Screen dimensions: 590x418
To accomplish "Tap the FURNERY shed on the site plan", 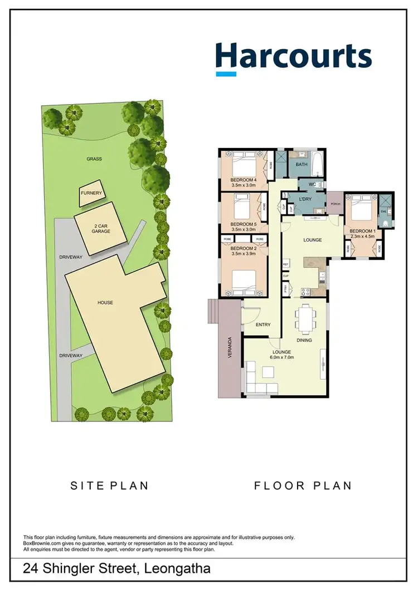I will coord(91,193).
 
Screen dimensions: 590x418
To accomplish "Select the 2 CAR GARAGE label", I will coord(101,228).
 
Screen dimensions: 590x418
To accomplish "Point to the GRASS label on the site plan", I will coord(94,159).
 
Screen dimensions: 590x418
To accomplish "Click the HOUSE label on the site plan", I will coord(105,302).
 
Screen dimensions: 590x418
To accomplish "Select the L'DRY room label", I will coord(305,199).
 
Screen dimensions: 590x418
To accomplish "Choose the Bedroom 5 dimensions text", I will coord(243,229).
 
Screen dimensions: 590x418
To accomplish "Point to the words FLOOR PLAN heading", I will coord(303,485).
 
